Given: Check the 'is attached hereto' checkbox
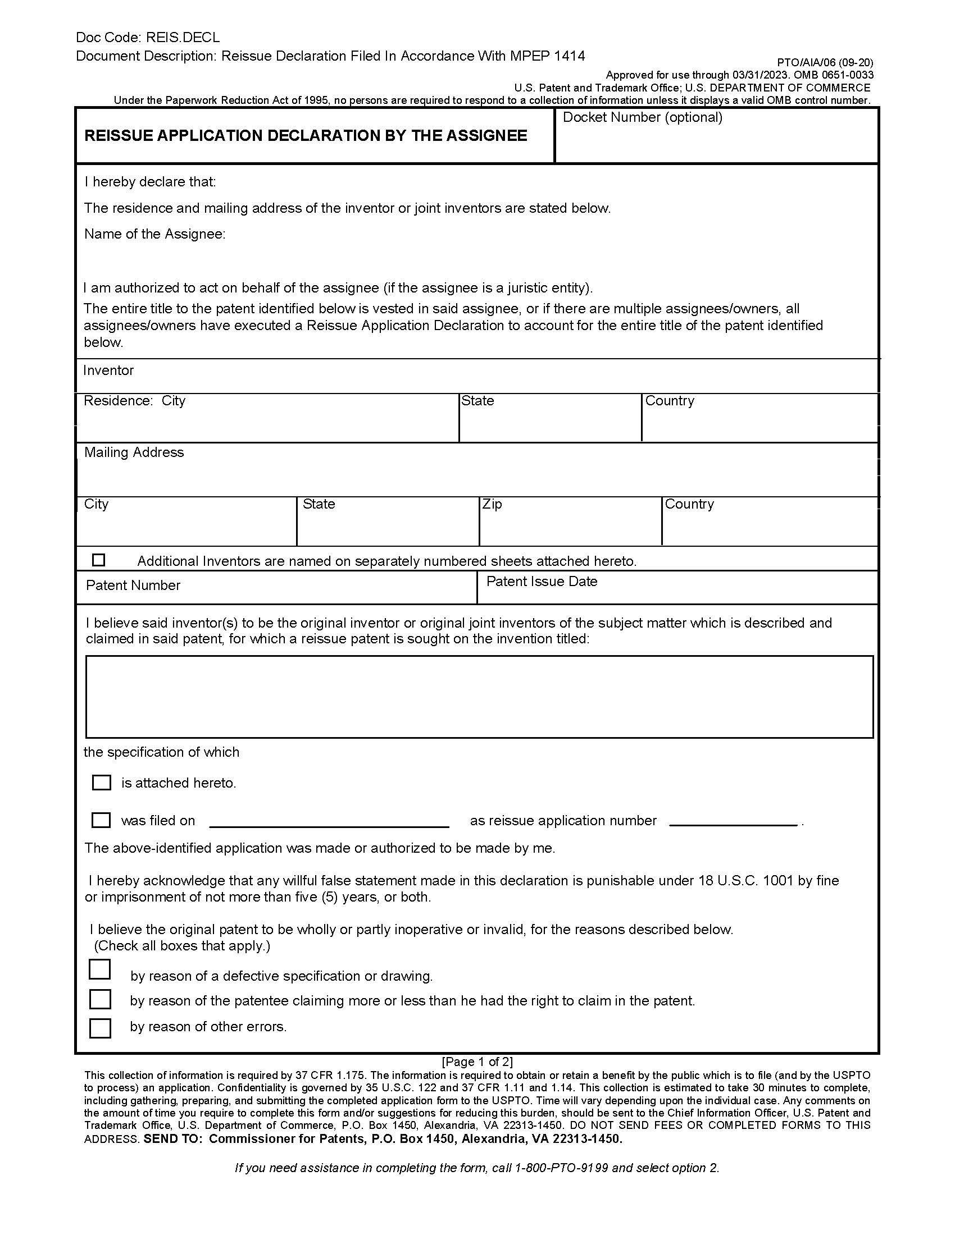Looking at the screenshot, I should (101, 783).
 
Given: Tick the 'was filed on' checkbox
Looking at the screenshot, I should (101, 820).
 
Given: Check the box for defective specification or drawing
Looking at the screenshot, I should (100, 969).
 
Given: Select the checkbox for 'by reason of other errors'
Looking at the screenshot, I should (100, 1027).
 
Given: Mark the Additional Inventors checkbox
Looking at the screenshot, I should (98, 560).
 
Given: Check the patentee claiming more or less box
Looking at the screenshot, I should (100, 999).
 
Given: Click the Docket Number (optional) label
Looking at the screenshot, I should (642, 118).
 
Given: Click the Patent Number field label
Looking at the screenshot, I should (133, 586).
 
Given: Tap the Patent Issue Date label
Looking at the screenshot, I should (542, 582).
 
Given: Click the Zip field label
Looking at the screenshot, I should (492, 504).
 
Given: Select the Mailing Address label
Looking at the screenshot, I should (134, 452).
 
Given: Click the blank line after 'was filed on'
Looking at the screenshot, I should (329, 821).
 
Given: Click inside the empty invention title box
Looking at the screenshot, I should (479, 697).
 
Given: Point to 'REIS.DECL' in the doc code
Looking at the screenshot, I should (183, 37).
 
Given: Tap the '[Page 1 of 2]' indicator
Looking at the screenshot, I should (477, 1062).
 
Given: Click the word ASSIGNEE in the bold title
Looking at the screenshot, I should (486, 136).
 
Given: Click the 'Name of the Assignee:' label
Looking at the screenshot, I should (154, 234).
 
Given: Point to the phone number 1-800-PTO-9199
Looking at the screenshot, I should (561, 1168).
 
